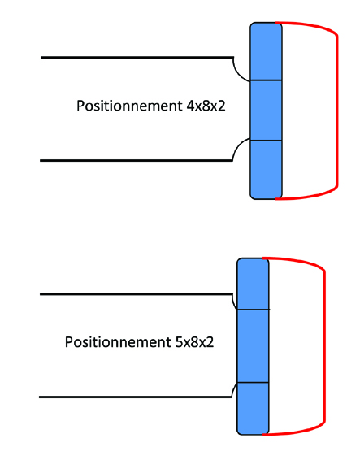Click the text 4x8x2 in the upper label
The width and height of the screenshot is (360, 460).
(x=206, y=106)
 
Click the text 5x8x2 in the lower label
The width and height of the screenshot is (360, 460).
(x=194, y=342)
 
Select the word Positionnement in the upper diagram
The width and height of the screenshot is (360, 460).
(x=129, y=106)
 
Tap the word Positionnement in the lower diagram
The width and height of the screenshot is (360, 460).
(x=118, y=343)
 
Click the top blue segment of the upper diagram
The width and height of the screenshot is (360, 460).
(x=266, y=51)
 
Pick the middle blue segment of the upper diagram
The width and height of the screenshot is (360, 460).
(x=266, y=111)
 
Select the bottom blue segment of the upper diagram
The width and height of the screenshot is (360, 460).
(x=266, y=170)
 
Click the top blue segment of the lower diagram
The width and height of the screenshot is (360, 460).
(x=253, y=284)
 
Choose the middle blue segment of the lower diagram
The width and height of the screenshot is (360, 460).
(x=253, y=346)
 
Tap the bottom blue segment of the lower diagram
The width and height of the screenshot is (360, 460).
(x=253, y=409)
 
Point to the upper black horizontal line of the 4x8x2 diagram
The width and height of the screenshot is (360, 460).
(x=137, y=58)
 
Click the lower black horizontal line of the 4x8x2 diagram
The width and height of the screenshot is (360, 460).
(x=137, y=160)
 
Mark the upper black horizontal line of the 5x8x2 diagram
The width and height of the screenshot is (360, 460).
(x=137, y=294)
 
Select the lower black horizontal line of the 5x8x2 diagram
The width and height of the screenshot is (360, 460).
(x=135, y=397)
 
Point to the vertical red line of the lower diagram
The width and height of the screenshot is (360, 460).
(x=324, y=346)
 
